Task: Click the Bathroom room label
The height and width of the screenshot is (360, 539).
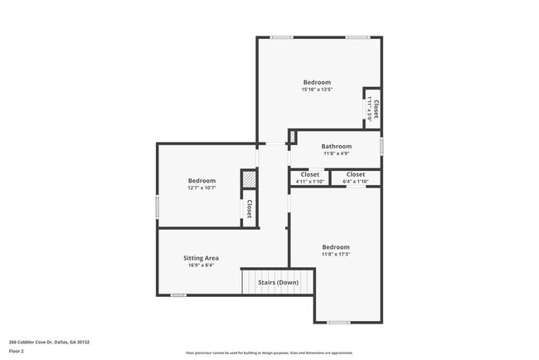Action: coord(337,146)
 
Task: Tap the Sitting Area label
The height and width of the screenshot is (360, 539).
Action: coord(201,258)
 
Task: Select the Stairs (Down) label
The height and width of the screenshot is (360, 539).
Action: coord(279,282)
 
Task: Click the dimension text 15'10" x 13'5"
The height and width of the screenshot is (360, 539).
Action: coord(317,90)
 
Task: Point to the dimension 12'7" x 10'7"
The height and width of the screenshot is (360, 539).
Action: coord(202,188)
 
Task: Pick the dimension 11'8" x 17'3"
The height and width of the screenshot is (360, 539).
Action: coord(336,254)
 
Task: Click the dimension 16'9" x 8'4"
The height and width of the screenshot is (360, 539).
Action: coord(201,265)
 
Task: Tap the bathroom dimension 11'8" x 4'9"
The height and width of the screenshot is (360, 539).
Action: coord(337,153)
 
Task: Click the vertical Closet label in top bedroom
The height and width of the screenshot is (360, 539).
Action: coord(376,108)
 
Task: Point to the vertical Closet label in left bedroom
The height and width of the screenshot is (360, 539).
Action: coord(249,209)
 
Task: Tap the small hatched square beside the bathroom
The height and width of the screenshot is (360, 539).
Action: coord(293,135)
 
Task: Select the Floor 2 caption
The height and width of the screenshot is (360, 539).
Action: coord(17,351)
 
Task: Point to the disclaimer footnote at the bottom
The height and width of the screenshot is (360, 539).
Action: coord(269,353)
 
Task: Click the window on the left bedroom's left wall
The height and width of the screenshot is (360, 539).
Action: coord(158,207)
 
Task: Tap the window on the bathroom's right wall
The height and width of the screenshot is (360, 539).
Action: coord(381,145)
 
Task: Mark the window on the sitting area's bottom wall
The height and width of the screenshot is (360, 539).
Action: coord(178,295)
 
